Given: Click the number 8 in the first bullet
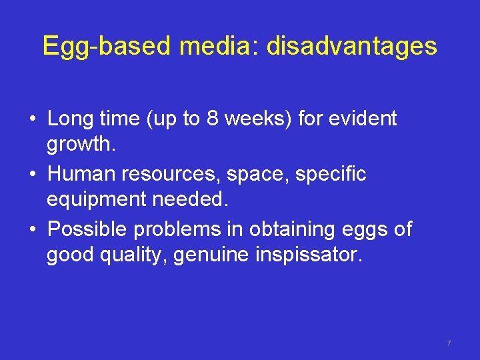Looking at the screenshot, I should click(x=212, y=119).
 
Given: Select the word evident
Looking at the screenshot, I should click(x=365, y=119).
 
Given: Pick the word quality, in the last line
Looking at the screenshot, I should click(x=133, y=255).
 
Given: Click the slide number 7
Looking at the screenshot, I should click(x=449, y=343).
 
